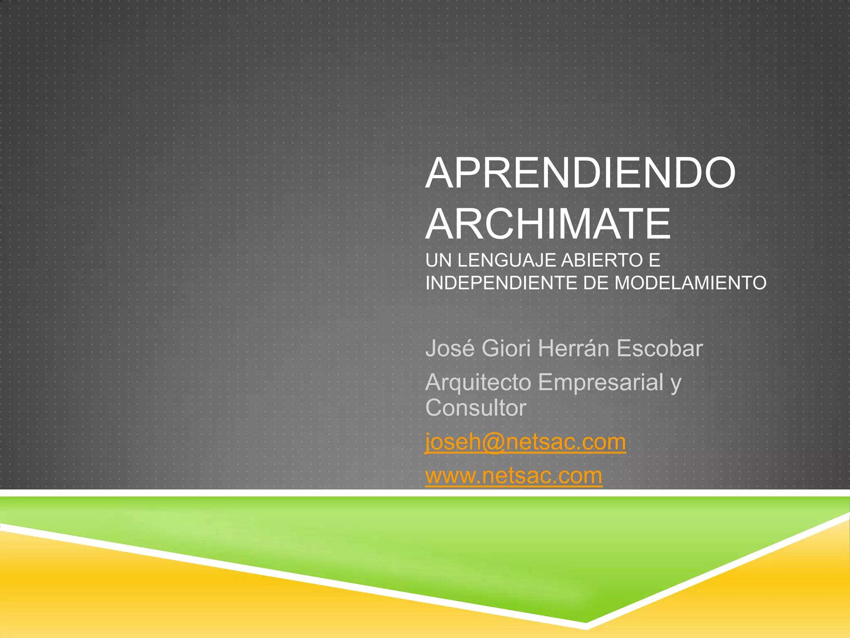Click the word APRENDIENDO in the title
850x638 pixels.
pos(580,173)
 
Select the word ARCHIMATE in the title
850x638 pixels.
pos(548,224)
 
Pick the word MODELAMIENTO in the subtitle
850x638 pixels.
pos(690,283)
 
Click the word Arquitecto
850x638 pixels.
pos(478,383)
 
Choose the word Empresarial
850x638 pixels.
pos(601,382)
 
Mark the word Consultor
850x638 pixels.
pos(476,408)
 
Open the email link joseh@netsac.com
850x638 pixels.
pos(525,442)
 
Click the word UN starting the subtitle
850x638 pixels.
pos(438,261)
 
